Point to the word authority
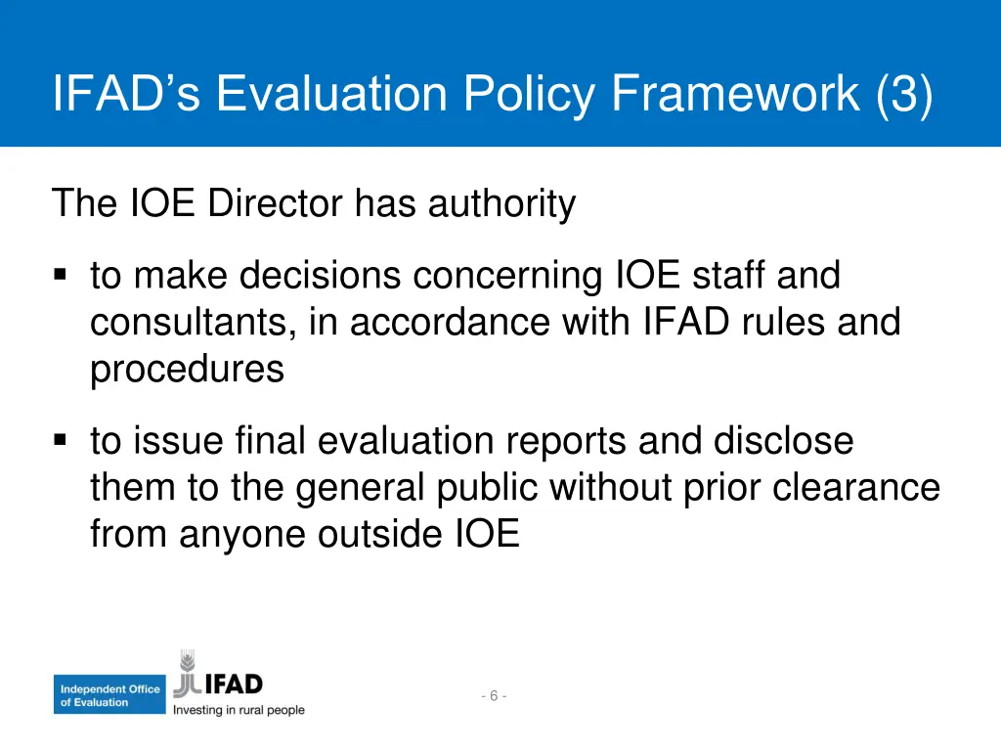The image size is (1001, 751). pyautogui.click(x=501, y=204)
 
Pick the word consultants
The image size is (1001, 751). pyautogui.click(x=194, y=323)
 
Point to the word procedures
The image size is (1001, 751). pyautogui.click(x=188, y=370)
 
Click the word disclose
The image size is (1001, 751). pyautogui.click(x=782, y=442)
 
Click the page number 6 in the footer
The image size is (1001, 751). pyautogui.click(x=494, y=695)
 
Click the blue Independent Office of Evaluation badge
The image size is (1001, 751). pyautogui.click(x=109, y=695)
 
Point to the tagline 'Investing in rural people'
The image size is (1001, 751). pyautogui.click(x=239, y=710)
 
